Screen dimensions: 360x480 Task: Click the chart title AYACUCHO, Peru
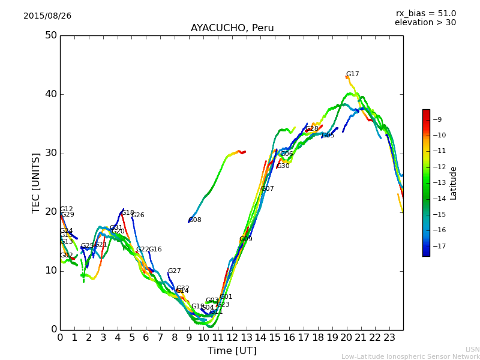click(232, 28)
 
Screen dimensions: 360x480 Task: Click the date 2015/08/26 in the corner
click(47, 16)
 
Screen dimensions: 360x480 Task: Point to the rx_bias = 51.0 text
click(425, 13)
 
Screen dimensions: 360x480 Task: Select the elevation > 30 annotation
click(425, 23)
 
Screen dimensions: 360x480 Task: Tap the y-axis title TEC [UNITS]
click(36, 182)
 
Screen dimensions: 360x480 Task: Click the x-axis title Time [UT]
click(232, 351)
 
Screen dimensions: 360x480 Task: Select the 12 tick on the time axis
click(232, 338)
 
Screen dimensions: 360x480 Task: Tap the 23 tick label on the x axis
click(389, 338)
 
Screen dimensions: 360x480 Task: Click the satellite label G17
click(352, 74)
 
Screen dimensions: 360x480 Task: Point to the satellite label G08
click(195, 220)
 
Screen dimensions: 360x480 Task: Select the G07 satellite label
click(267, 189)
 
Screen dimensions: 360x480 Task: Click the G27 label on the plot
click(174, 271)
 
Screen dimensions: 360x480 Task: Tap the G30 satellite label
click(283, 166)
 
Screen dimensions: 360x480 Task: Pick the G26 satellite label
click(137, 215)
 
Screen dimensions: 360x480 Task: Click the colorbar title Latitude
click(454, 183)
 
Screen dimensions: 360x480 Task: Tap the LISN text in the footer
click(472, 349)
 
